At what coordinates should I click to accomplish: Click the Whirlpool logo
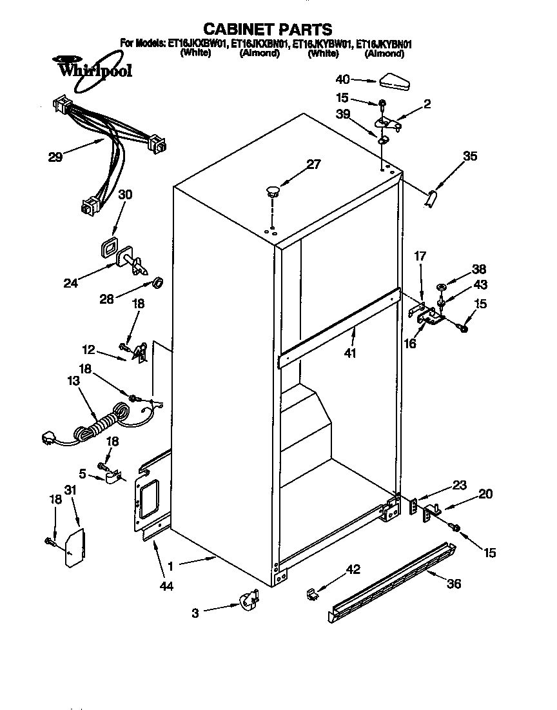click(x=94, y=68)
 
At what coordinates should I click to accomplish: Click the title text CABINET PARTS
click(x=268, y=29)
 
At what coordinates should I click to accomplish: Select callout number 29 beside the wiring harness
click(x=57, y=156)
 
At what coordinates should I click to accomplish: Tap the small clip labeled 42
click(x=310, y=592)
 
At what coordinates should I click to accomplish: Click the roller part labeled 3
click(x=248, y=602)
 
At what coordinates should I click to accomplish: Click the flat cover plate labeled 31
click(x=76, y=546)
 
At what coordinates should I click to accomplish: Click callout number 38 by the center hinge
click(x=479, y=270)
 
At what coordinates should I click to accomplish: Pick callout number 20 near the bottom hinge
click(x=485, y=494)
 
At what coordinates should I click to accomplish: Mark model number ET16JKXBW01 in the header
click(x=197, y=44)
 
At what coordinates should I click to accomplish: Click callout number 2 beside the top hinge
click(x=427, y=103)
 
